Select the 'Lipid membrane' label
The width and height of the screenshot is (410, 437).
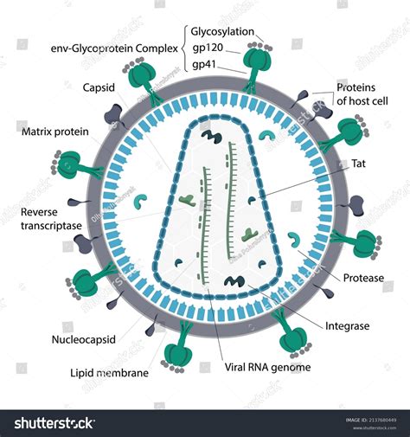point(108,373)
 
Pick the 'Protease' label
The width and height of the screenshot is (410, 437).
point(362,279)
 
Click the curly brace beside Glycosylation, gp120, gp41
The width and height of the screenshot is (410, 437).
point(183,48)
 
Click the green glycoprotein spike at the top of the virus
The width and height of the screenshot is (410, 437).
point(258,65)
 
